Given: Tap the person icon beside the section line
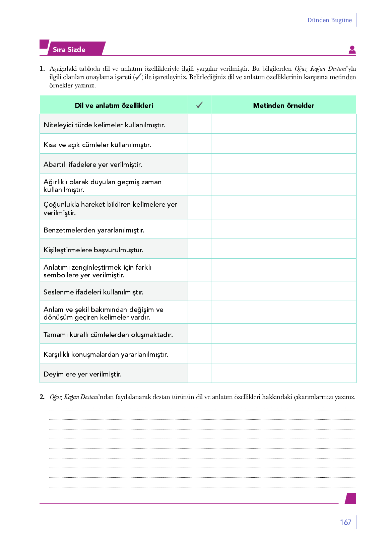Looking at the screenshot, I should (352, 50).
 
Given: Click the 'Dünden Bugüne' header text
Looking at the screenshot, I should (329, 20).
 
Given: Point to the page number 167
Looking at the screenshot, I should (345, 522).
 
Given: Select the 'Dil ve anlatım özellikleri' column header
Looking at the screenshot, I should (114, 106).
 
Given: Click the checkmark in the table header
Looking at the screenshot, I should (199, 105).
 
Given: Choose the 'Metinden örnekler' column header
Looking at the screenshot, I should (283, 106).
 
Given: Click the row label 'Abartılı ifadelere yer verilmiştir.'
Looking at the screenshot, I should (93, 164).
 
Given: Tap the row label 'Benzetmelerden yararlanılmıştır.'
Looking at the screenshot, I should (94, 230).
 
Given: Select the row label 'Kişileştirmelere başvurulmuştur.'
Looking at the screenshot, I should (93, 250).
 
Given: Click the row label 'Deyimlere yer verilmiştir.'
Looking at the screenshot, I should (82, 374).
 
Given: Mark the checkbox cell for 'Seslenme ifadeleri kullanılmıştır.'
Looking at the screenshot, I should (199, 291).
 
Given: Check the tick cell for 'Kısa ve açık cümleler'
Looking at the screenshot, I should (199, 144).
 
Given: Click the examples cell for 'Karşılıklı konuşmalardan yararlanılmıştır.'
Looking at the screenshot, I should (283, 353).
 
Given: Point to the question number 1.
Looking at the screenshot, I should (42, 69).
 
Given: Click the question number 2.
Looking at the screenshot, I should (42, 397).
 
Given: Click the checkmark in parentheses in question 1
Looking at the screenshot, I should (138, 77).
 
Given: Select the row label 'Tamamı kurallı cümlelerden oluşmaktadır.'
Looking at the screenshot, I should (108, 335).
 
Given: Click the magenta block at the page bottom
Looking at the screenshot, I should (351, 498).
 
